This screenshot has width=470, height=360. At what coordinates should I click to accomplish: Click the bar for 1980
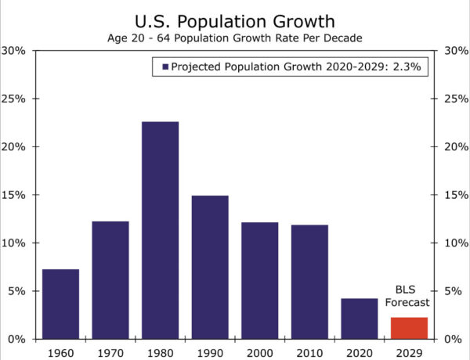tap(160, 230)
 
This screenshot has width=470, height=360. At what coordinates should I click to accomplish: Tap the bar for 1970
tap(110, 279)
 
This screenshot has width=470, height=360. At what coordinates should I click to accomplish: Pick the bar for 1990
tap(210, 267)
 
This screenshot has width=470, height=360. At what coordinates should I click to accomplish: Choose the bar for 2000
tap(259, 280)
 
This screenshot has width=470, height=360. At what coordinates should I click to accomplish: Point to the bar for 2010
tap(309, 282)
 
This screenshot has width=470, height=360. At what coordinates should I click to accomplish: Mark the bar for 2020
tap(359, 319)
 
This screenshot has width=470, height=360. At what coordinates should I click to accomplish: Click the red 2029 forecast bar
tap(409, 328)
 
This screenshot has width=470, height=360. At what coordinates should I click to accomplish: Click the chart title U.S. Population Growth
tap(235, 20)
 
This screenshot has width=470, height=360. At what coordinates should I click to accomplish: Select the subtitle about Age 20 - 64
tap(235, 38)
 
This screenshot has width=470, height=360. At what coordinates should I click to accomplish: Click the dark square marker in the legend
tap(165, 68)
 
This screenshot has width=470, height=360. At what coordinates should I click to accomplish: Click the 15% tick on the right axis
tap(454, 195)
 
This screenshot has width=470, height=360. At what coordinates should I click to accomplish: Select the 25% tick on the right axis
tap(454, 99)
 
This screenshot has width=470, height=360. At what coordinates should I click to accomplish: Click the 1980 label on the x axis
tap(160, 351)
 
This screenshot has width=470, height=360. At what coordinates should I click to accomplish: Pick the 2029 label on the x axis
tap(409, 351)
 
